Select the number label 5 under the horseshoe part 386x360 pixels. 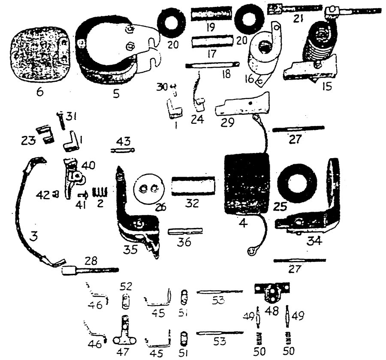[x=116, y=92]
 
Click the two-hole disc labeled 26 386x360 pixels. [x=146, y=189]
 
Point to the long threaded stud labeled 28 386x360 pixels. [x=90, y=270]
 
